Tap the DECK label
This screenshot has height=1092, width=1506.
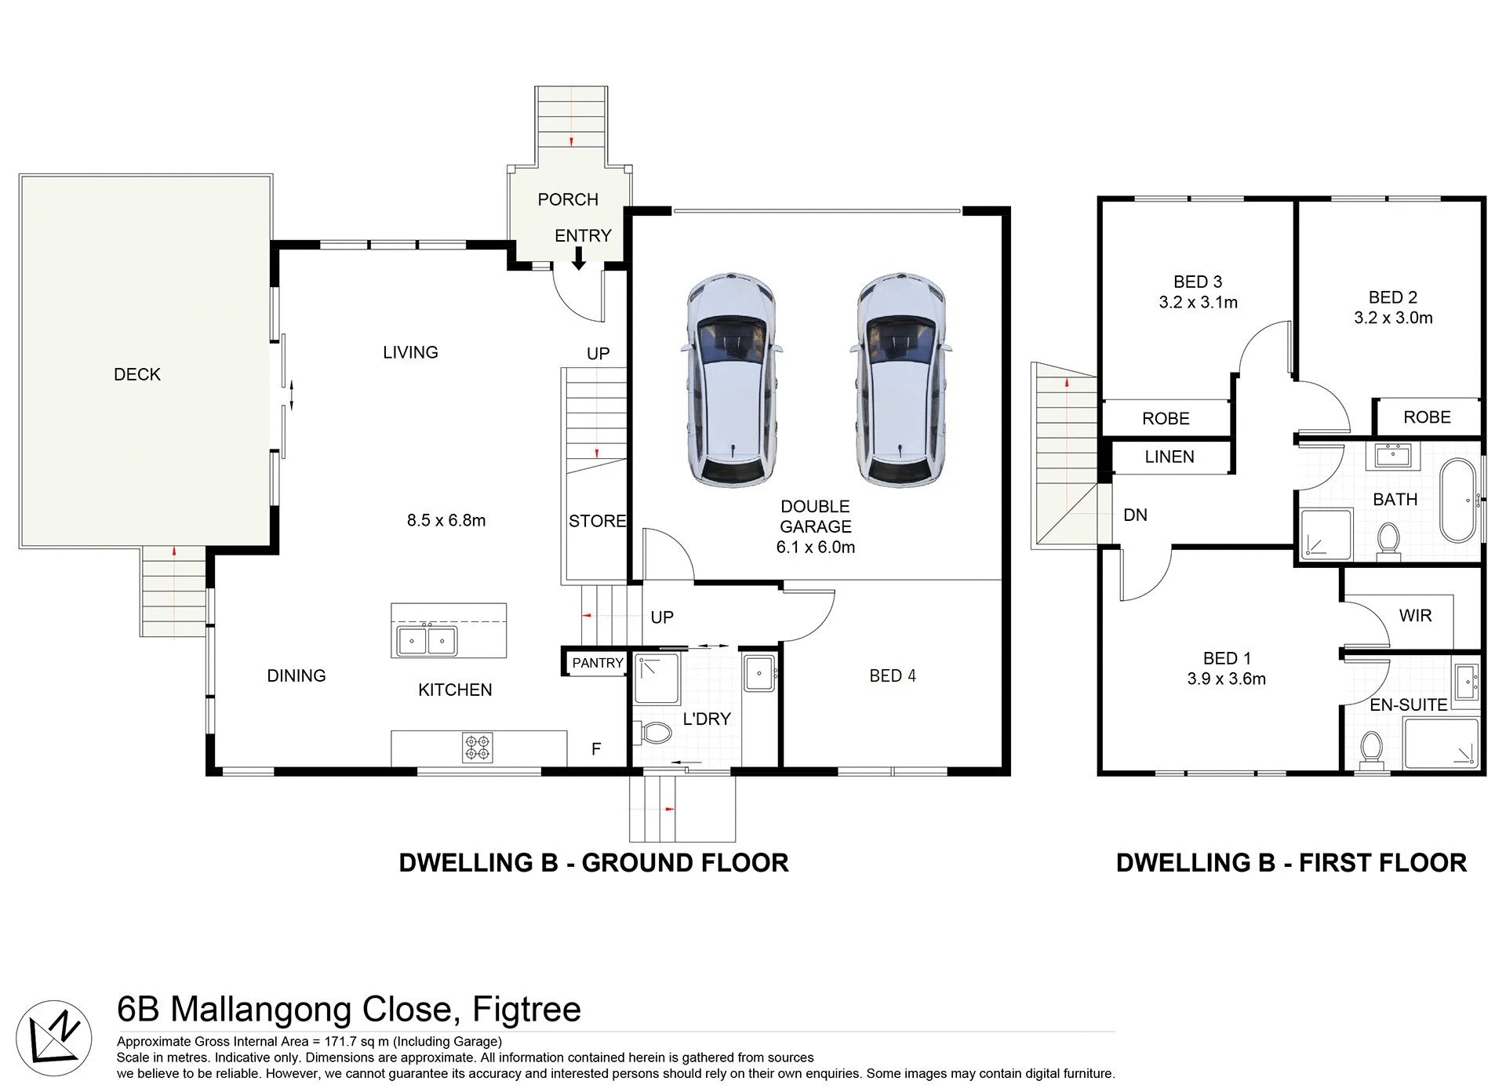click(x=137, y=375)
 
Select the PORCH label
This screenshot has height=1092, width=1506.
click(x=568, y=200)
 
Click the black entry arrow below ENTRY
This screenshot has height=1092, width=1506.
click(x=578, y=259)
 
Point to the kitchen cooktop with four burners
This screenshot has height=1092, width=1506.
click(x=478, y=748)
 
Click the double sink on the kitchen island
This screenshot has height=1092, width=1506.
click(x=427, y=640)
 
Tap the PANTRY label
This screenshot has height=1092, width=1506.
click(x=597, y=663)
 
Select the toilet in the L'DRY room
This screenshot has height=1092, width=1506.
click(x=656, y=733)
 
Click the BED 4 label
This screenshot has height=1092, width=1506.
click(x=892, y=675)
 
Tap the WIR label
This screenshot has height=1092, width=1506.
click(x=1415, y=616)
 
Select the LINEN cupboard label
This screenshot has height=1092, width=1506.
click(x=1169, y=457)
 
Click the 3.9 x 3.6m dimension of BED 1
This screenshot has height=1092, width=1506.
click(x=1226, y=679)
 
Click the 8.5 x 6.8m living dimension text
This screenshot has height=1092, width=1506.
click(x=446, y=520)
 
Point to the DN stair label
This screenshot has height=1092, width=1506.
click(x=1135, y=515)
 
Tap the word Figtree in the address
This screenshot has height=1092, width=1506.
click(x=526, y=1009)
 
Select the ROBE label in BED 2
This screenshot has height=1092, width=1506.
click(x=1427, y=417)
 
